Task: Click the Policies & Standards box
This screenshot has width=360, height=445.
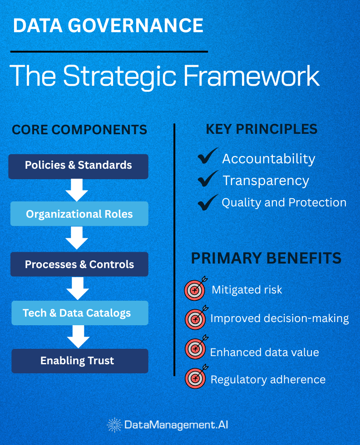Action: click(79, 166)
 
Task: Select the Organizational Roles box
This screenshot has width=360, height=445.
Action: click(79, 214)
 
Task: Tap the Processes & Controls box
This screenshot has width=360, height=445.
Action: click(79, 264)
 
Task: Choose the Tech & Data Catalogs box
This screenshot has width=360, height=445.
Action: click(79, 313)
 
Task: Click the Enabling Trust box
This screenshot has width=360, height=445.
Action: click(79, 361)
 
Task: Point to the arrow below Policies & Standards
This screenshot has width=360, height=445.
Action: click(77, 190)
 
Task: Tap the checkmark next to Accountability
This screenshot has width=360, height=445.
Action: click(208, 157)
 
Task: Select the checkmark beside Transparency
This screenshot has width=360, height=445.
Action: click(208, 179)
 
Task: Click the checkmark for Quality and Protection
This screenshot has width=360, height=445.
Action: click(208, 202)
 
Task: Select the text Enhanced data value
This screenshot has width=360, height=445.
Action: click(264, 352)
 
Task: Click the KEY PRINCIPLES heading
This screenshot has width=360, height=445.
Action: click(261, 129)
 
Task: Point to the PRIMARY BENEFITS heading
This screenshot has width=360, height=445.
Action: click(266, 258)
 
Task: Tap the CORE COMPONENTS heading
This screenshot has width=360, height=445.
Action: click(79, 130)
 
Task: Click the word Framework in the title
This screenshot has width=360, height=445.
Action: click(251, 76)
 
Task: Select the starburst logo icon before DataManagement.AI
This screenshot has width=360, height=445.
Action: click(114, 425)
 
